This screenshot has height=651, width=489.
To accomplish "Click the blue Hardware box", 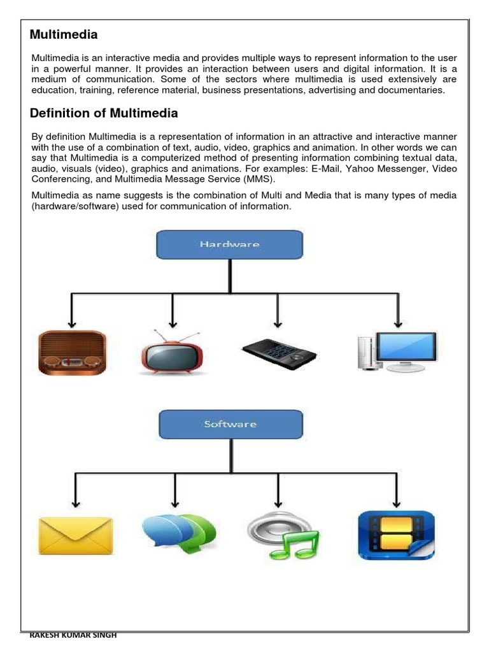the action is tap(230, 245).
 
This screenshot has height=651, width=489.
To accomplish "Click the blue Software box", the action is tap(230, 424).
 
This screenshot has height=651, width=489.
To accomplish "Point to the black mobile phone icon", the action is tap(279, 352).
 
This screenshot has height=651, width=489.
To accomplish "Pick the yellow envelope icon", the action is tap(76, 535).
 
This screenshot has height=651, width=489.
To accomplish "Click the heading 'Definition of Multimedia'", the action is tap(104, 114).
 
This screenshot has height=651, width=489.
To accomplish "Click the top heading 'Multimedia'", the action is tap(64, 34).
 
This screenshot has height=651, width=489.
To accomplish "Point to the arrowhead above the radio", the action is tap(71, 322).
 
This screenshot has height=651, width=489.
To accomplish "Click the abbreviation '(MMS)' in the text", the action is tap(259, 179).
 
